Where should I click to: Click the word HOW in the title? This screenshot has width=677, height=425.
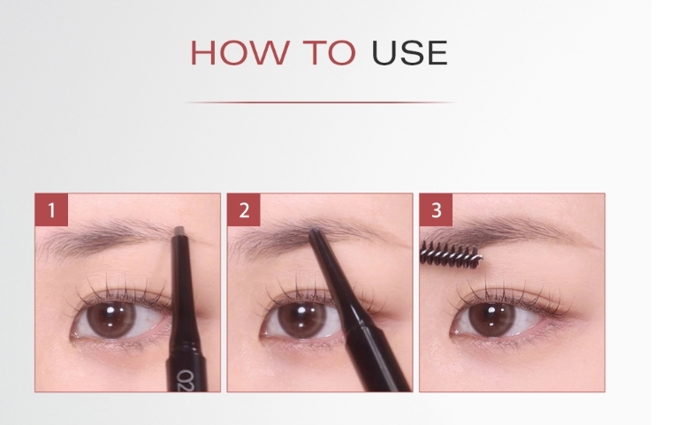tap(240, 53)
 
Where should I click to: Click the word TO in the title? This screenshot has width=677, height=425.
tap(329, 53)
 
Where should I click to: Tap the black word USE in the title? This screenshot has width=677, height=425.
tap(409, 53)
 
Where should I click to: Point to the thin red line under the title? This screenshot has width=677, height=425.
tap(320, 102)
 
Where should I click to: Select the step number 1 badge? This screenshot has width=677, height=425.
tap(51, 209)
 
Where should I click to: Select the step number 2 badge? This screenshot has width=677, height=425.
tap(244, 209)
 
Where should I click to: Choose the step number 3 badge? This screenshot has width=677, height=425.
tap(436, 209)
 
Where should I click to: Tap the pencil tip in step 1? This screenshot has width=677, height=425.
tap(180, 231)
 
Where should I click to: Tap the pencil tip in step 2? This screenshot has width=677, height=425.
tap(315, 231)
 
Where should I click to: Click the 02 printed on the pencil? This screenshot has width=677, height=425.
tap(188, 380)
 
